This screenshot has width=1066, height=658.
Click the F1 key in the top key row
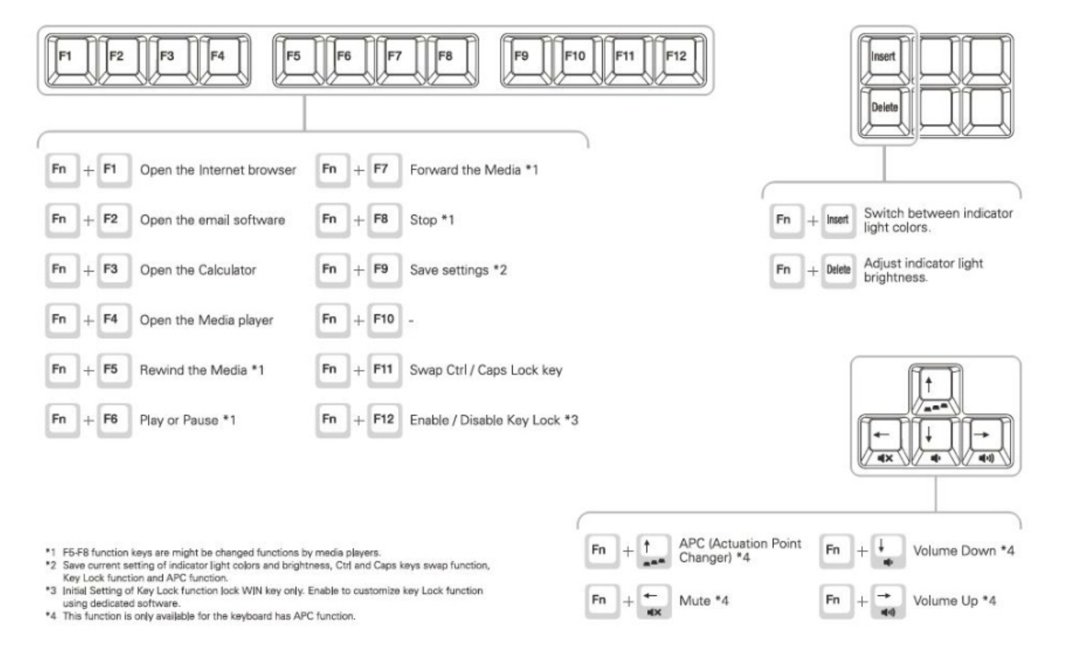click(x=71, y=59)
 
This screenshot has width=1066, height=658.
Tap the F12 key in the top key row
click(x=680, y=59)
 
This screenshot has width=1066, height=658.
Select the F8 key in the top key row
click(x=451, y=59)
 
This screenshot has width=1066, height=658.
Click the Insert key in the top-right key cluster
click(x=884, y=59)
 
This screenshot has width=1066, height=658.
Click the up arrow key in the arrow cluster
click(x=935, y=389)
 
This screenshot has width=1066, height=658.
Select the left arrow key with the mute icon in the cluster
click(x=883, y=441)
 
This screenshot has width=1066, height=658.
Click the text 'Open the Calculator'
click(x=197, y=270)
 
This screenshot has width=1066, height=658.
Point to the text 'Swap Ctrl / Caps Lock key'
click(x=486, y=370)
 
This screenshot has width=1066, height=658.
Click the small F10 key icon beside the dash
click(x=384, y=320)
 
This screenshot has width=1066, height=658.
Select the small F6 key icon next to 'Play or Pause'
click(x=113, y=420)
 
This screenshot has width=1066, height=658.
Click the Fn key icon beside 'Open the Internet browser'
click(x=61, y=170)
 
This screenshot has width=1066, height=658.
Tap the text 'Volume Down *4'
click(x=964, y=551)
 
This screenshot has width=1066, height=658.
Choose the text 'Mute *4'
click(x=704, y=601)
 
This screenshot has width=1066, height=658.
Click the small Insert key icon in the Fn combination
click(x=838, y=220)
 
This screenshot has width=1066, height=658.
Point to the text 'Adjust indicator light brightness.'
click(x=923, y=270)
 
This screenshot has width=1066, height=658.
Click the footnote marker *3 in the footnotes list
click(x=51, y=590)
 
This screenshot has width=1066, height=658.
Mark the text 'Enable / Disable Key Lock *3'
click(x=494, y=420)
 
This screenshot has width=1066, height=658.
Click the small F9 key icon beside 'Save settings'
click(x=384, y=270)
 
